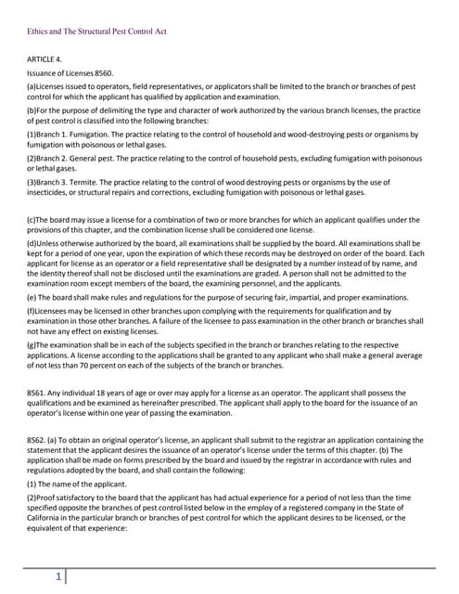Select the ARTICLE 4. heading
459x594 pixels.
(x=47, y=58)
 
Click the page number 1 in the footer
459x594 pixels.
(x=58, y=577)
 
